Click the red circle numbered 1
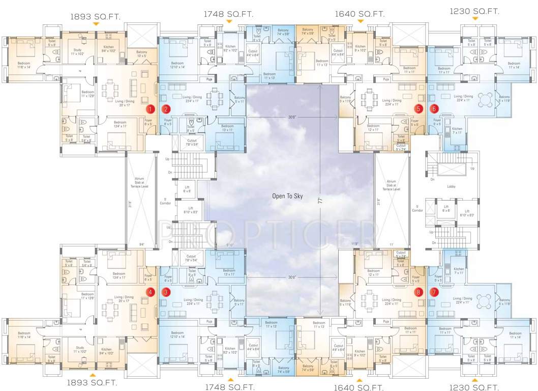pyautogui.click(x=150, y=108)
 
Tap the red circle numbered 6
pyautogui.click(x=434, y=108)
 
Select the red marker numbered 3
pyautogui.click(x=166, y=292)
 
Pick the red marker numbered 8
pyautogui.click(x=418, y=292)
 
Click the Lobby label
pyautogui.click(x=451, y=186)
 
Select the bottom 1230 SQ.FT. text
pyautogui.click(x=474, y=386)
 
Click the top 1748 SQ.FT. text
pyautogui.click(x=228, y=14)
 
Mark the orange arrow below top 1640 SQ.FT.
pyautogui.click(x=361, y=21)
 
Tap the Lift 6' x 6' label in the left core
pyautogui.click(x=187, y=189)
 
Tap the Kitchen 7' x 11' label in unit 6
pyautogui.click(x=458, y=131)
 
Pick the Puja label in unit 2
pyautogui.click(x=208, y=79)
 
